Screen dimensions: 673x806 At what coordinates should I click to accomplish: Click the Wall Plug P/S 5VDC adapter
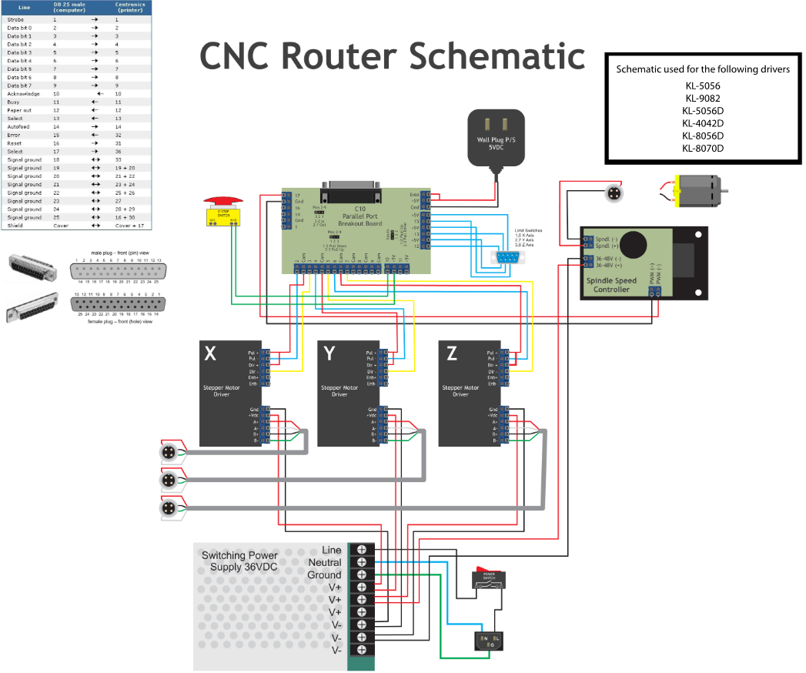pos(496,139)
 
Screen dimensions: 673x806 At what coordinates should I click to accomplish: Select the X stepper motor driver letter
pos(209,353)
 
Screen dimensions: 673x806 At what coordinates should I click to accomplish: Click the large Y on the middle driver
pos(329,353)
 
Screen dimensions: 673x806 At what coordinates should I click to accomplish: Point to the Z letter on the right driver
pos(451,353)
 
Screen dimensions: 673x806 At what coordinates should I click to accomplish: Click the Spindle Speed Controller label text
pos(610,285)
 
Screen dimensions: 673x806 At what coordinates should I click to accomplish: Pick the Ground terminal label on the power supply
pos(325,575)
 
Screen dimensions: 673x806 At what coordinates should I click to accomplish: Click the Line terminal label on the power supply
pos(331,550)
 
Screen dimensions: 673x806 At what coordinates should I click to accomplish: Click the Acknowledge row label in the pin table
pos(23,94)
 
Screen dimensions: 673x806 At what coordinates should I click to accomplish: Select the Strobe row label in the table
pos(15,18)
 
